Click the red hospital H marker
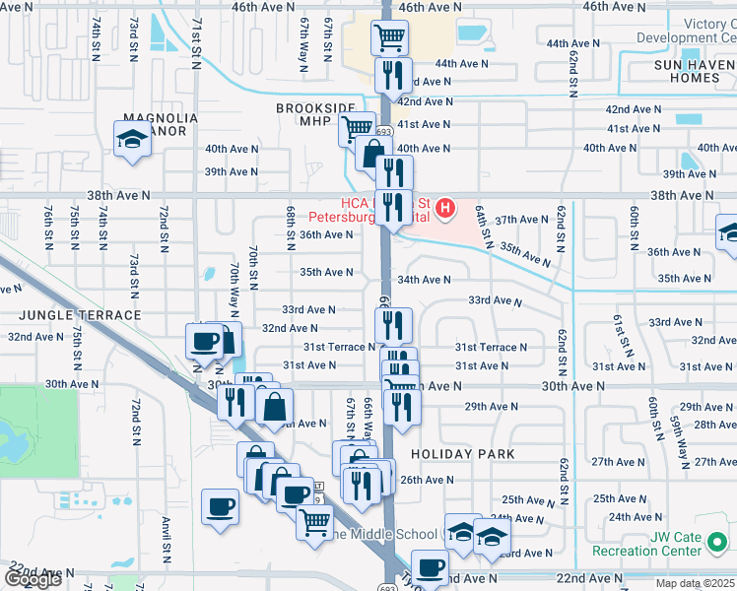446,208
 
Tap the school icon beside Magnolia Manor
131,141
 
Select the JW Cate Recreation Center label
674,544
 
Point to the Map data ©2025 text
695,583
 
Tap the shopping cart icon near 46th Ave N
389,38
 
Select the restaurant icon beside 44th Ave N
392,75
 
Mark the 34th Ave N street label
424,280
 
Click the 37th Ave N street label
519,220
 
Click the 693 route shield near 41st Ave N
383,131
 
